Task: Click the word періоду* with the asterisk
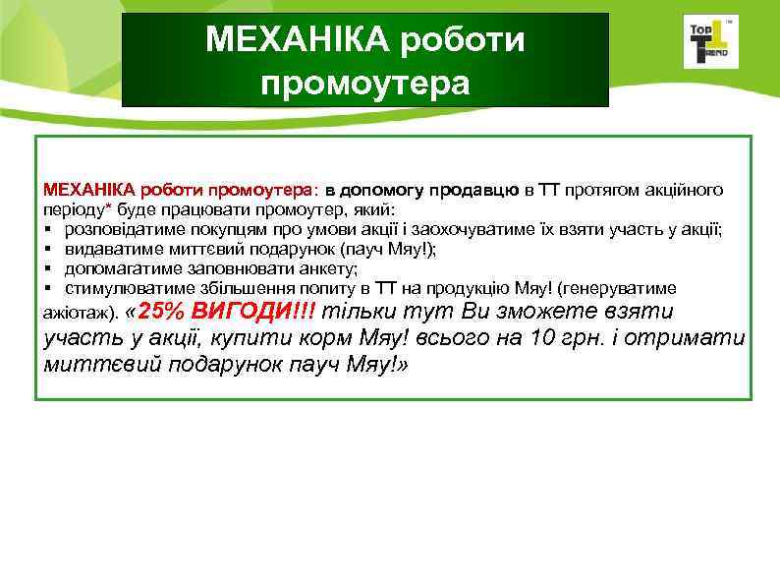pos(78,209)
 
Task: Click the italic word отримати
pos(693,339)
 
